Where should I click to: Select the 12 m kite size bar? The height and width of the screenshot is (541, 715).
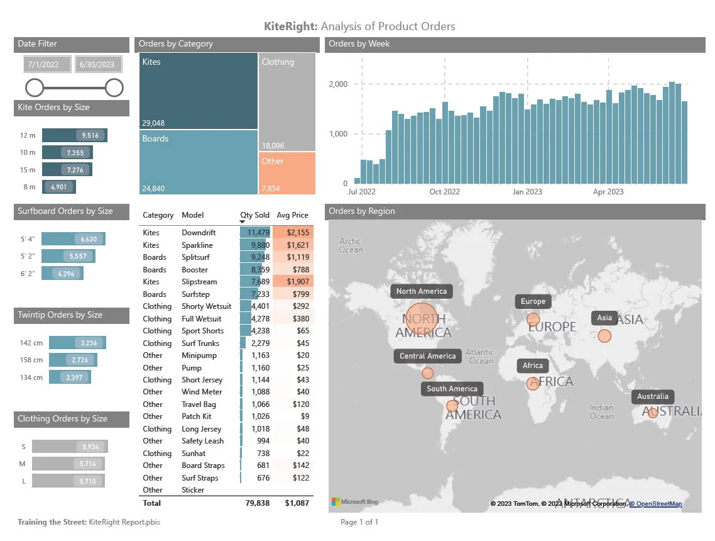(x=74, y=135)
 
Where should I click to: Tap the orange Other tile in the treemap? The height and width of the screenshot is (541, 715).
(x=287, y=173)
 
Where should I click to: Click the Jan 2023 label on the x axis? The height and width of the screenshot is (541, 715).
(x=527, y=192)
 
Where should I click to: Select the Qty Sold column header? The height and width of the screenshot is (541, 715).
(x=254, y=215)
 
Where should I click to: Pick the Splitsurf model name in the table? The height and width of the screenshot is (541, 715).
(x=195, y=257)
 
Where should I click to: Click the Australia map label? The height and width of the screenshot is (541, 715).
(x=653, y=396)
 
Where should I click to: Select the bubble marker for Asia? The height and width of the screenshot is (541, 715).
(x=604, y=336)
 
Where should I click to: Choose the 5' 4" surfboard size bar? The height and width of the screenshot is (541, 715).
(x=74, y=239)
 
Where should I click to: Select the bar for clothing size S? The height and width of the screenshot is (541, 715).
(x=70, y=447)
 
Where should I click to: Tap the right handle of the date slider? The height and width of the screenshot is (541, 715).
(x=114, y=87)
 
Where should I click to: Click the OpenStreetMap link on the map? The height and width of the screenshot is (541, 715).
(x=656, y=504)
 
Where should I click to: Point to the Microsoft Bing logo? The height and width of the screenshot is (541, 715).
(x=355, y=502)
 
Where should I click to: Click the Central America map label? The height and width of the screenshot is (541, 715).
(x=428, y=356)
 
